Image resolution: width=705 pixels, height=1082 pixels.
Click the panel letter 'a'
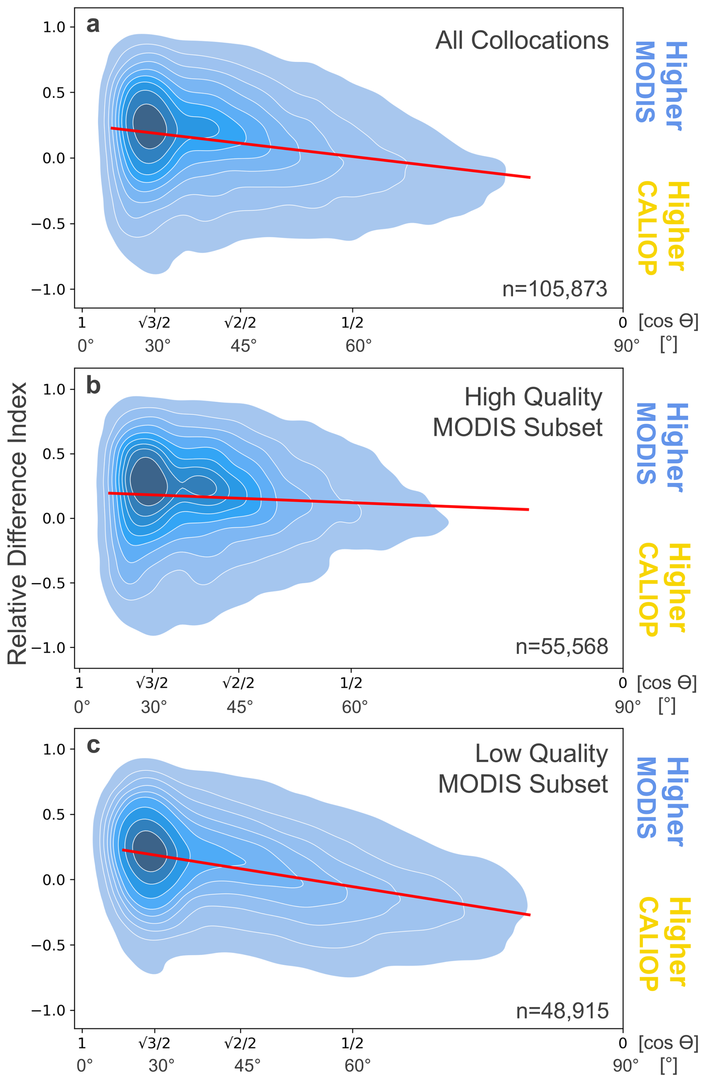93,25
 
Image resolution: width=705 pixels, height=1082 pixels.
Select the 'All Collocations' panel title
522,41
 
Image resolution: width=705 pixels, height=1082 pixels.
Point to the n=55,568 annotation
562,646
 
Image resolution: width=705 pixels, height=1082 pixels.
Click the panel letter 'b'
93,385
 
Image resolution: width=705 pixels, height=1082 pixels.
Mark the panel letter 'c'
93,745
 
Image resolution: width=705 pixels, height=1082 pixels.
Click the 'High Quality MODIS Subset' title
518,412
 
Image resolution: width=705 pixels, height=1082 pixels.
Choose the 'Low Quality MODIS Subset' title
523,769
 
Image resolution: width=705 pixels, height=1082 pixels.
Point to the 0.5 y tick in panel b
54,454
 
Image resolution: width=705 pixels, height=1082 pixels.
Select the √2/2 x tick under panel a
240,323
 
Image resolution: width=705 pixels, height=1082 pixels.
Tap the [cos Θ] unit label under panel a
668,322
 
